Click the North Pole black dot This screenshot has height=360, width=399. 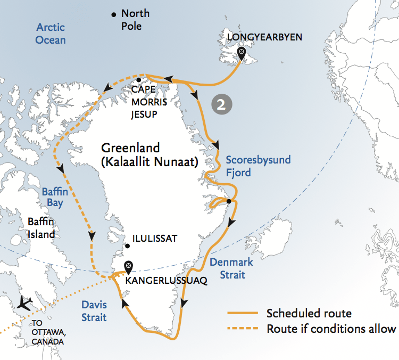(113, 14)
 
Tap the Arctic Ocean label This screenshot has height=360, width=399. (51, 34)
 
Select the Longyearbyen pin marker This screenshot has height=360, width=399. (242, 53)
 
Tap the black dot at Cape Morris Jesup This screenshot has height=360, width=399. (138, 80)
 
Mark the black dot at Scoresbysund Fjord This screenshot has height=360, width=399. (228, 201)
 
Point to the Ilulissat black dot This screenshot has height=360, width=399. (127, 246)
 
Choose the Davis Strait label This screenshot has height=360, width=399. (94, 311)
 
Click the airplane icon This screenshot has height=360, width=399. (24, 303)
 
